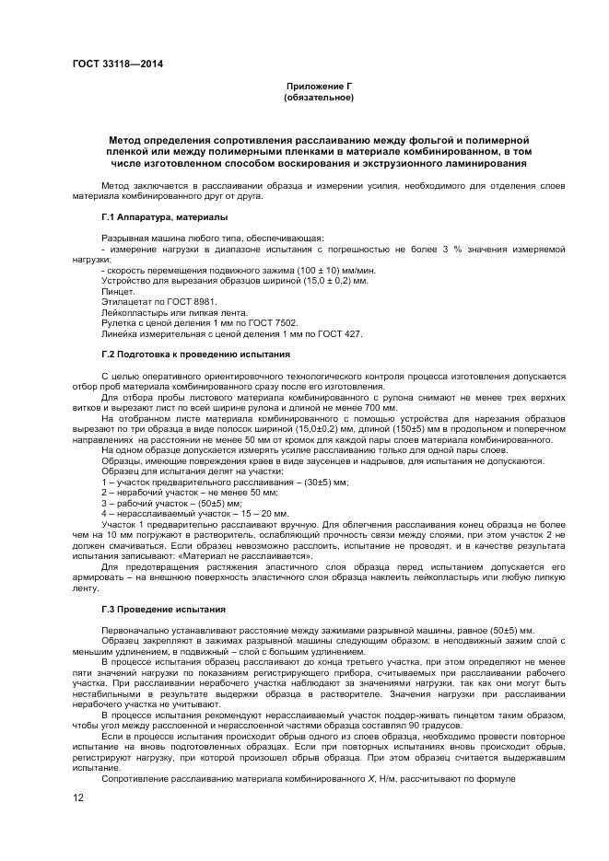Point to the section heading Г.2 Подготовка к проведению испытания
(196, 354)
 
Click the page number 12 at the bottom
(78, 797)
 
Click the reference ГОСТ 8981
(176, 302)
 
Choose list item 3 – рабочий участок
(176, 503)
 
